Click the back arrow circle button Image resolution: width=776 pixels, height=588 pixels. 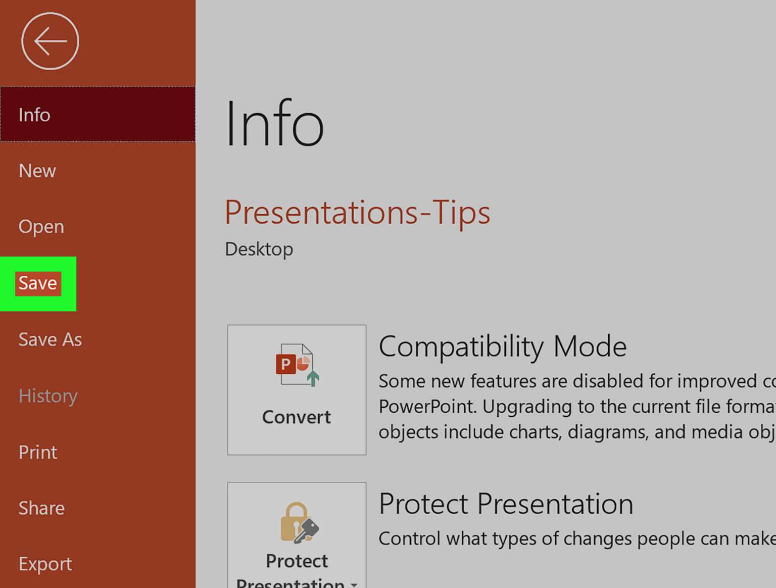point(50,41)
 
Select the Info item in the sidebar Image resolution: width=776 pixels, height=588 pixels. point(34,115)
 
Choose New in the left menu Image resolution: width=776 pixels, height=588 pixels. point(37,171)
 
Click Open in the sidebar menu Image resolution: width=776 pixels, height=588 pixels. point(41,226)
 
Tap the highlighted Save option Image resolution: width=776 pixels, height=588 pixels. point(38,283)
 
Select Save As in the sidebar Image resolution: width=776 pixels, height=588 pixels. point(50,339)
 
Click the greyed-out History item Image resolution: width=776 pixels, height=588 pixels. point(48,396)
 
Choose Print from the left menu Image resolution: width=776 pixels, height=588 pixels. point(38,452)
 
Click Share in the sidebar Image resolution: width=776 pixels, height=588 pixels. point(41,508)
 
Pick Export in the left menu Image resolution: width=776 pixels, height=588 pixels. point(45,564)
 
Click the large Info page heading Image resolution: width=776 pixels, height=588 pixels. point(274,124)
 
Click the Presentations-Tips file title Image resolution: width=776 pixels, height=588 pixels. point(357,212)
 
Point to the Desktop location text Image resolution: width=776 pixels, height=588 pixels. point(259,249)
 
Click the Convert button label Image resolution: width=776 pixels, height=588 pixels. point(297,417)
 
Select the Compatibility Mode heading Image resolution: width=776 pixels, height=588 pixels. point(502,347)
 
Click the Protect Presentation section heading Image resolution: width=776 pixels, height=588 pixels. point(506,504)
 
